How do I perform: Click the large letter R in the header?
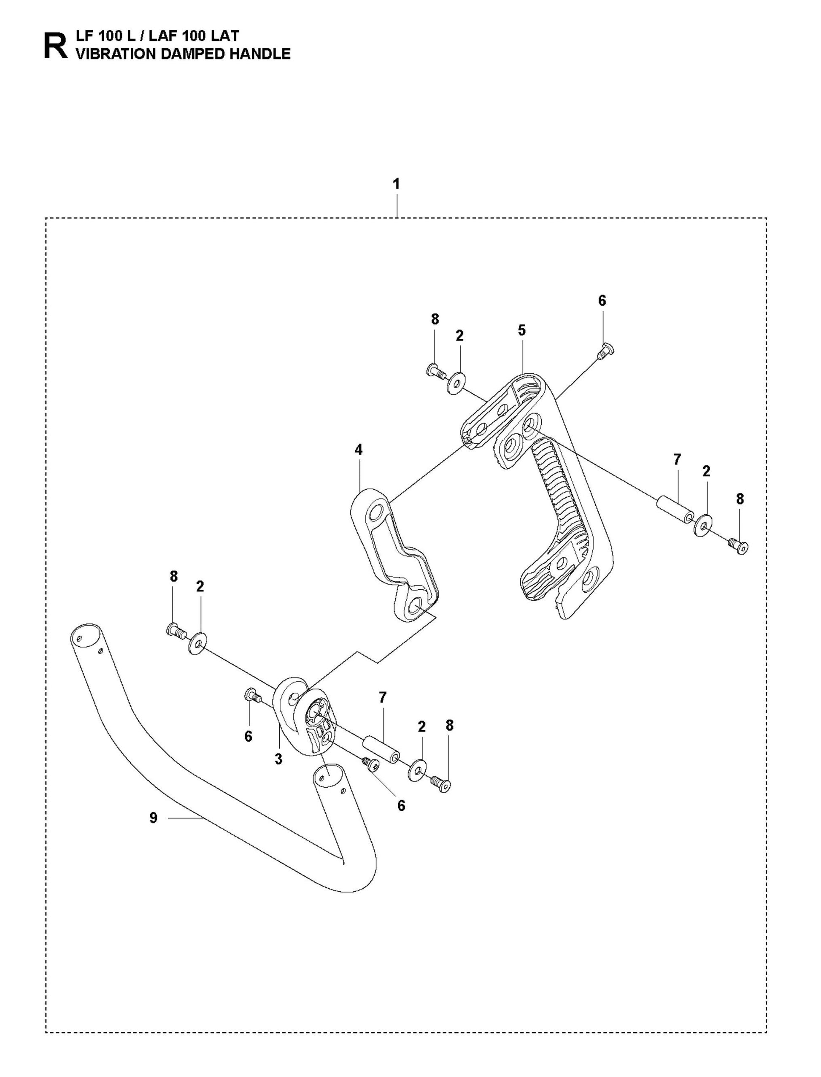pos(55,46)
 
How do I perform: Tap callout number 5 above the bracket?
pos(521,330)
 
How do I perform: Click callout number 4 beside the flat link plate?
pos(359,450)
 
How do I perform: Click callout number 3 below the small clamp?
pos(278,759)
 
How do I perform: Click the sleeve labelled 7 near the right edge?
pos(675,510)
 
